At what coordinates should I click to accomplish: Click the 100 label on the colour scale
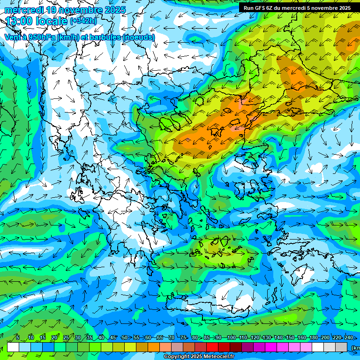231,338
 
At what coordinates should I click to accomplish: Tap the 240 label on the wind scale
348,338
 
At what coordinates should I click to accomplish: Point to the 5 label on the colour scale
17,338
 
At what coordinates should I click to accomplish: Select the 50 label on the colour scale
124,338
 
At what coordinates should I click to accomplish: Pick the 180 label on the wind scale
313,338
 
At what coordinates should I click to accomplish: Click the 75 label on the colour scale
183,338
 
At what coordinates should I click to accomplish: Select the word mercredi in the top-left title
23,10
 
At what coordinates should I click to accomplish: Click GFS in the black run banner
260,8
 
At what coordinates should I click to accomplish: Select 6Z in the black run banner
270,8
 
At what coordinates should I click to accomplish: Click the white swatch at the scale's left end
13,347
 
